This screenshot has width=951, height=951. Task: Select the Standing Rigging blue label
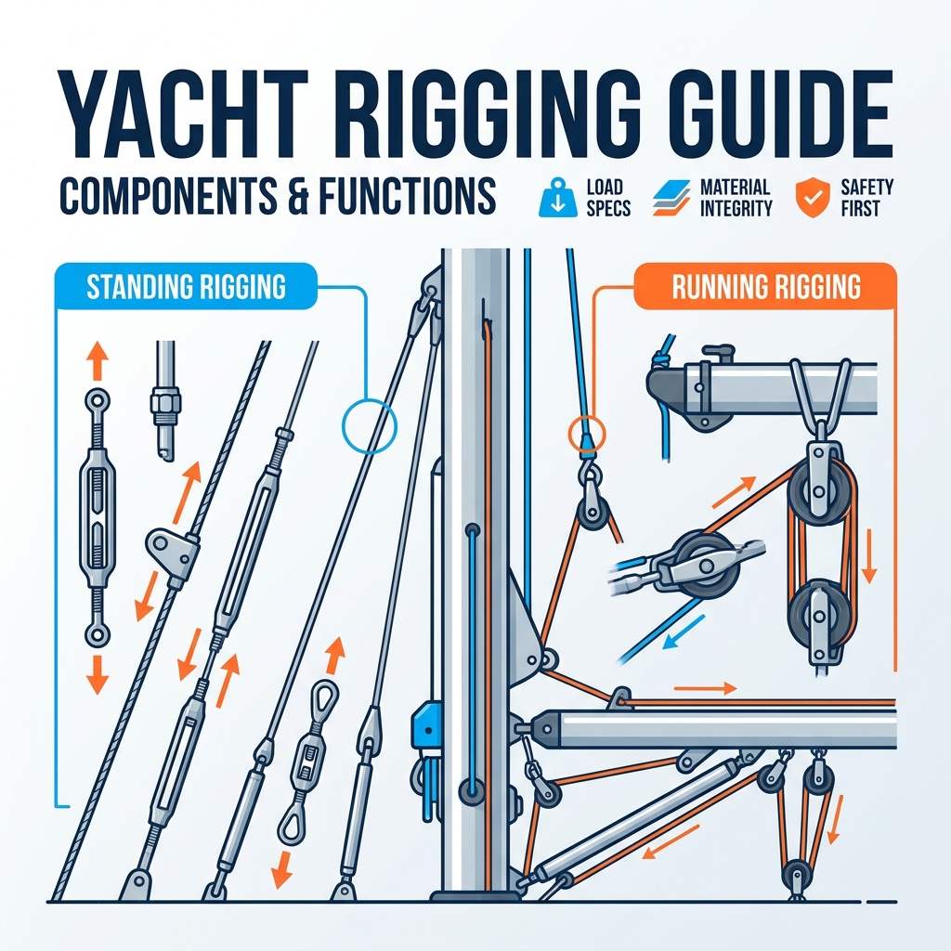coord(186,286)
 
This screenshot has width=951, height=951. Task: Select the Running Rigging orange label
coord(765,286)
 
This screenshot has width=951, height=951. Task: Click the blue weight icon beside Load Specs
coord(557,198)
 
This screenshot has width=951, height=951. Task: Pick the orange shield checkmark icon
coord(812,198)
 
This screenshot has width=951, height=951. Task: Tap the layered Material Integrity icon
coord(671,198)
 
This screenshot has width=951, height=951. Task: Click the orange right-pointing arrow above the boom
coord(706,688)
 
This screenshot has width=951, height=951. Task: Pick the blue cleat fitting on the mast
coord(427,728)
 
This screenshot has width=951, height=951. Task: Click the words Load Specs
coord(607,198)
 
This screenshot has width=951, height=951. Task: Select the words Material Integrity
coord(736,198)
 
